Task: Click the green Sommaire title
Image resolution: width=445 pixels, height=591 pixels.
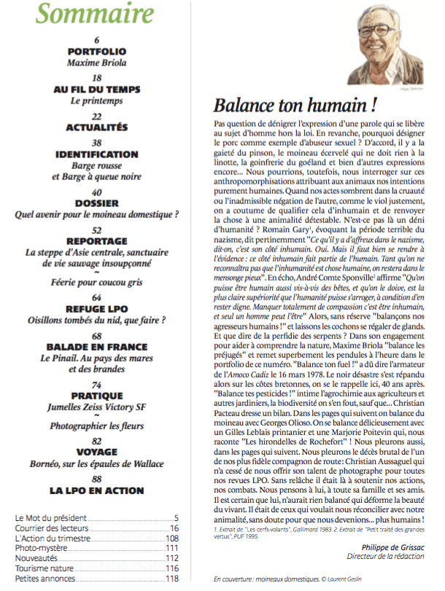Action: (x=96, y=14)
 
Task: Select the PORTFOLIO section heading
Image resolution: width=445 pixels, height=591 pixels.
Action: (x=96, y=52)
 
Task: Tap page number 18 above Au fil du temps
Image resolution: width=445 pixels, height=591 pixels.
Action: (x=96, y=77)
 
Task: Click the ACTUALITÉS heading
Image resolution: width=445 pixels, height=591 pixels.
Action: (x=96, y=128)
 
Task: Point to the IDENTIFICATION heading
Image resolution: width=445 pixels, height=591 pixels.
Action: (x=96, y=154)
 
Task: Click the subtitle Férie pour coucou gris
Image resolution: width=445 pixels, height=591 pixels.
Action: (x=96, y=281)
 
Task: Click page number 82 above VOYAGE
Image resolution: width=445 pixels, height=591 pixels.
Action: (x=96, y=441)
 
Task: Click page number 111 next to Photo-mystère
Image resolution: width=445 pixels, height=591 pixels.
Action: (x=171, y=547)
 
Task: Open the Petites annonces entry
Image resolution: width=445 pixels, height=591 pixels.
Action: (x=45, y=579)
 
